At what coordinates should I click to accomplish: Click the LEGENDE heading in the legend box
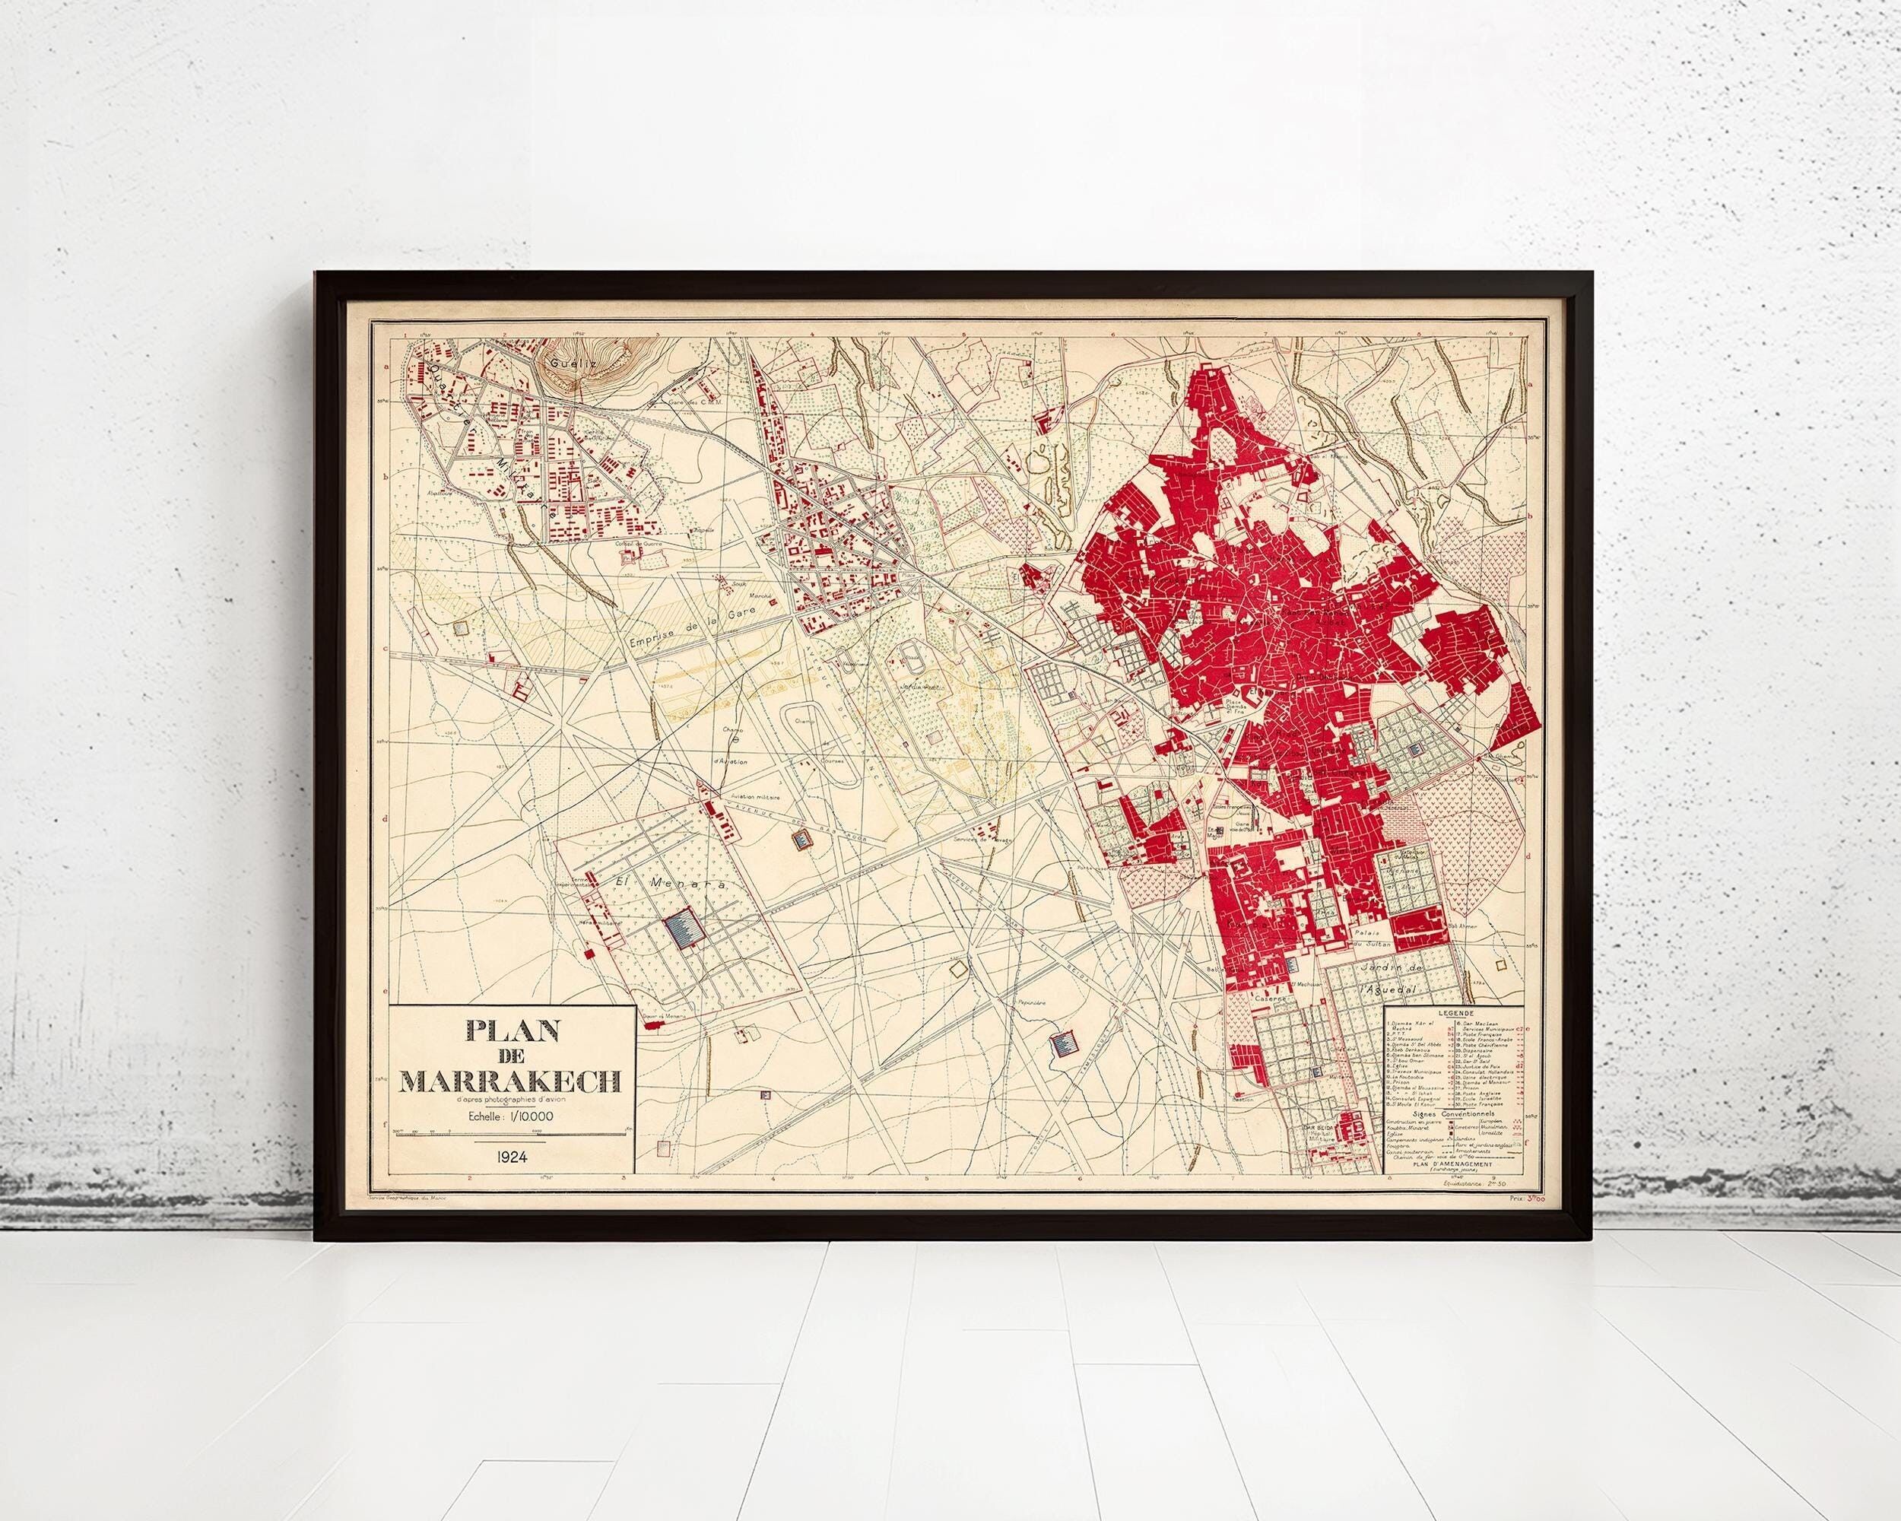(1453, 1014)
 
